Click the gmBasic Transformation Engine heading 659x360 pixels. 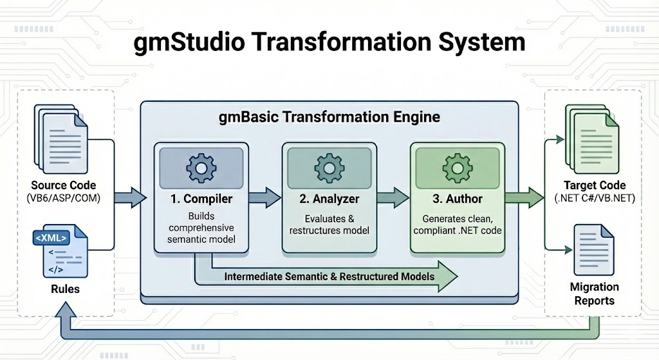[x=329, y=117]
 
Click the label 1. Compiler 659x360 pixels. [x=201, y=198]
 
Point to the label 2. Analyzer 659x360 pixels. [x=329, y=198]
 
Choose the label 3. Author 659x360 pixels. [x=458, y=198]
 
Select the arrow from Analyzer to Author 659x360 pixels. [x=393, y=196]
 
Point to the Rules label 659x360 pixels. [x=65, y=289]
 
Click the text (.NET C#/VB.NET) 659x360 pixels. [x=594, y=198]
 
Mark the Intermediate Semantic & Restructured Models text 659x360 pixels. [x=329, y=276]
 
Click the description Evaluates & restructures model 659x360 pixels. [x=329, y=224]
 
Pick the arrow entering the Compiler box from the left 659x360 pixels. [x=135, y=196]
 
